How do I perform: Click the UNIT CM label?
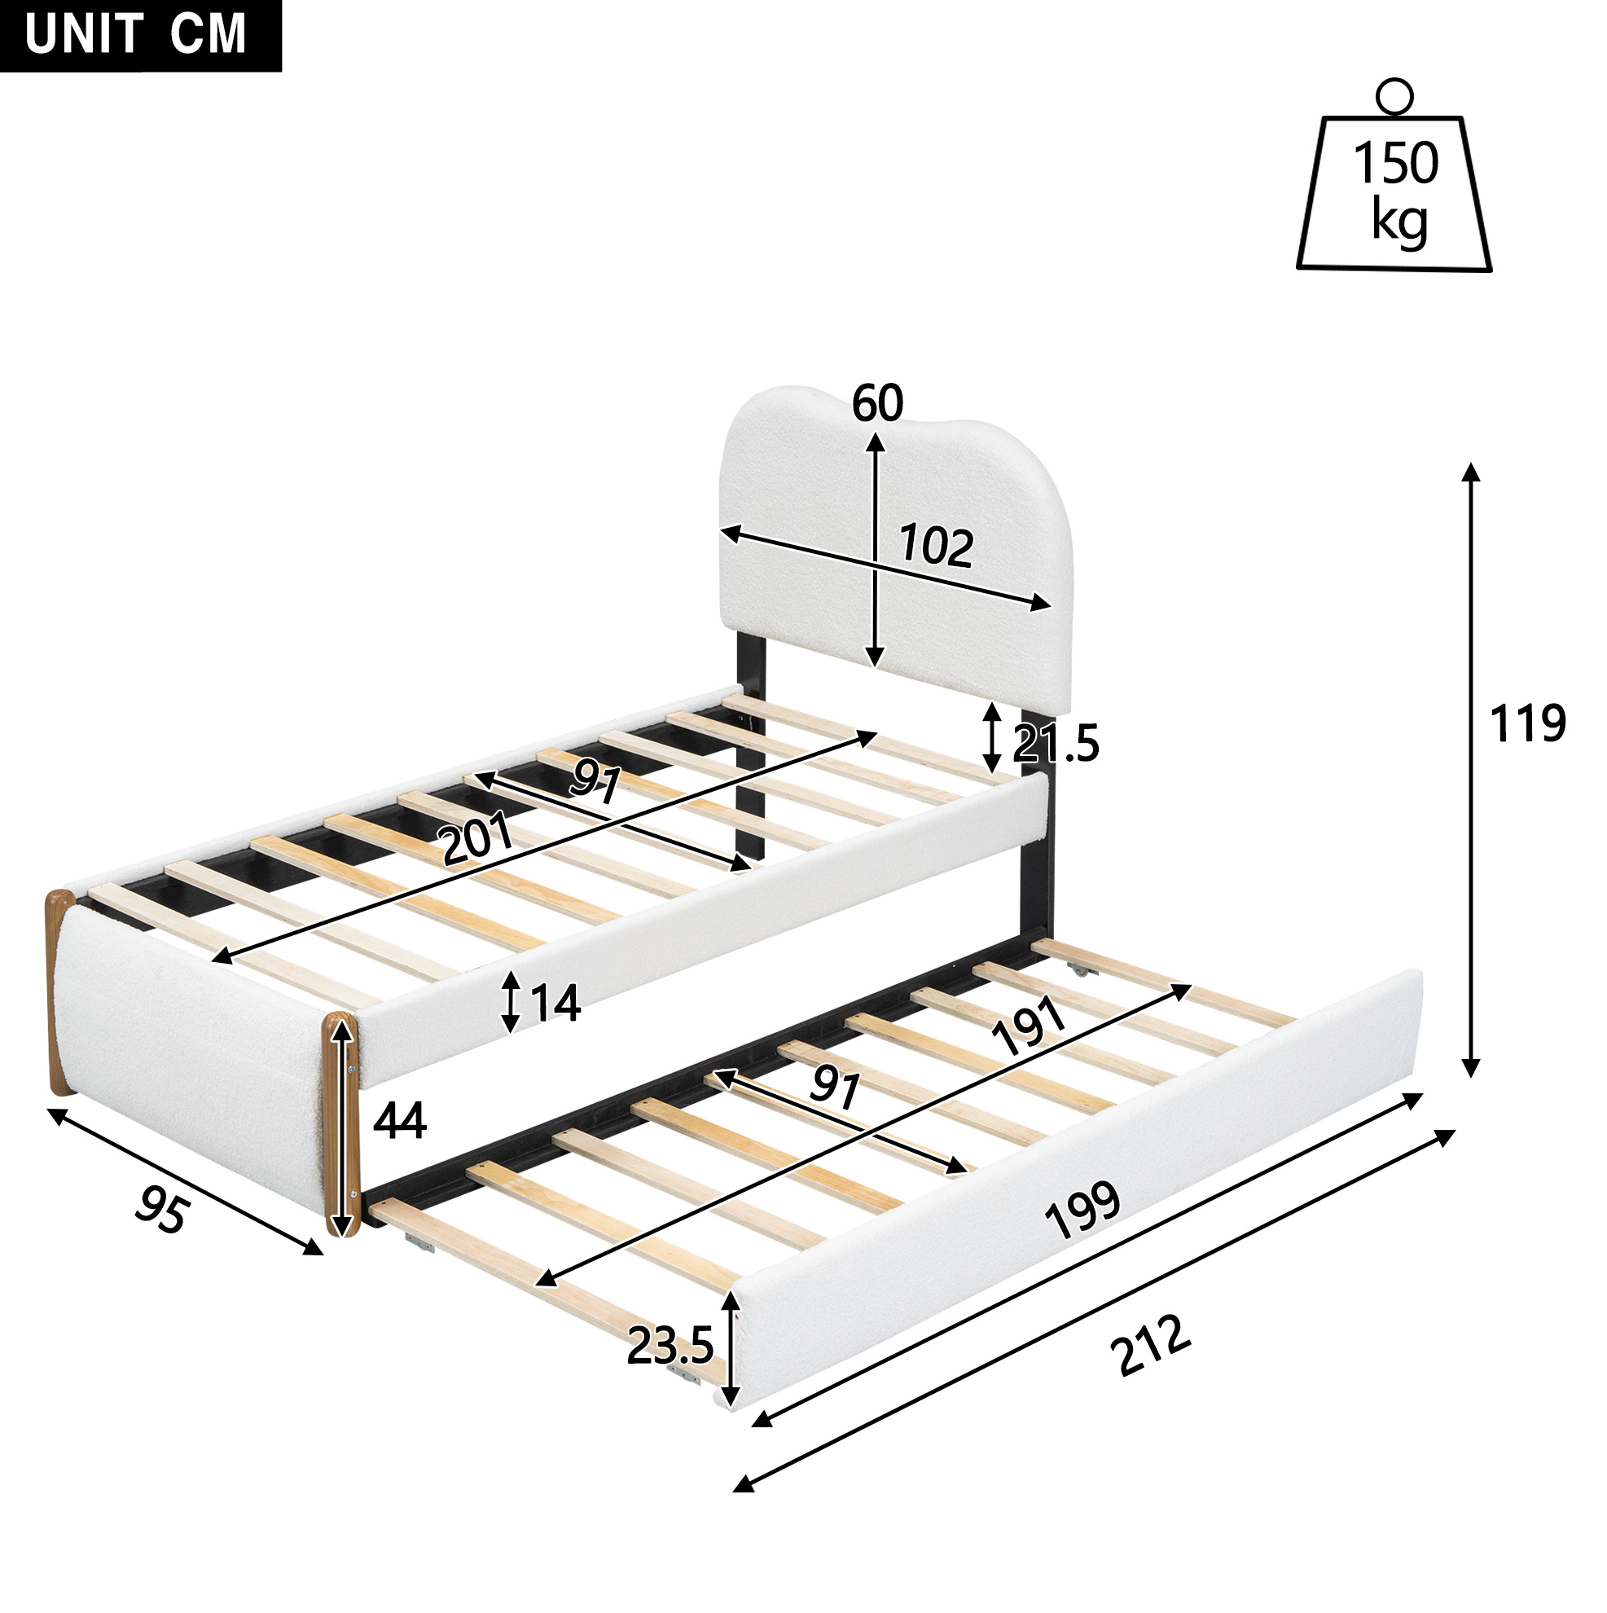point(136,34)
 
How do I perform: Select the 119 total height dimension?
point(1528,724)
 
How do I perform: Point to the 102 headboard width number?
point(936,547)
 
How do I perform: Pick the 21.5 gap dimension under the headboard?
point(1056,744)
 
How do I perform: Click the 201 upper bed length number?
point(477,839)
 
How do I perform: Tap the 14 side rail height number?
point(555,1003)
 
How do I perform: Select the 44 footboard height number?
point(399,1120)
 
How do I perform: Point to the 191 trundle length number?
point(1028,1026)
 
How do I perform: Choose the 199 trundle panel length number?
point(1082,1211)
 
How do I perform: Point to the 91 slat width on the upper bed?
point(596,783)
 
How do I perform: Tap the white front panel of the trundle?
point(1077,1189)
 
